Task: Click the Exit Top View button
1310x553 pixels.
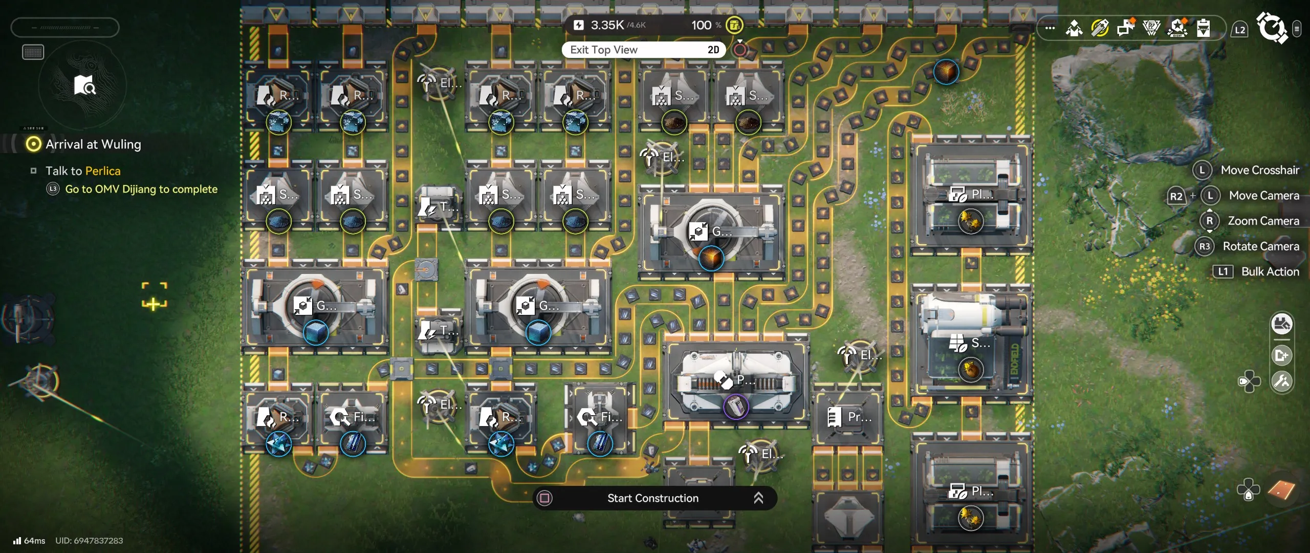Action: (604, 50)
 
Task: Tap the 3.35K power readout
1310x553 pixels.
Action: (607, 25)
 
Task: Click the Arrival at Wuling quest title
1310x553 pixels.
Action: (93, 144)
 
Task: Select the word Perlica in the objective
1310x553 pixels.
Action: (103, 171)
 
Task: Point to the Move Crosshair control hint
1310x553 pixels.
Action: (1259, 170)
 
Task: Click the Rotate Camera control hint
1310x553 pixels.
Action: (1260, 246)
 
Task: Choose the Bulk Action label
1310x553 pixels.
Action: (1270, 271)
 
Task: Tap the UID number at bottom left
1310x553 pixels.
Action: (89, 541)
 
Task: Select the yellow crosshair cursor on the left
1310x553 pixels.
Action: (154, 296)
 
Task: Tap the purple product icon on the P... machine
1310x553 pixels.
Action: (736, 407)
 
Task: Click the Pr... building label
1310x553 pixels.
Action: (859, 417)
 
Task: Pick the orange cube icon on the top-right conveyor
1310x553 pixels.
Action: (946, 72)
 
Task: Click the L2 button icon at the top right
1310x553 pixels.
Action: (1240, 30)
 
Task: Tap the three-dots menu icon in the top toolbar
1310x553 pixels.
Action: (1050, 28)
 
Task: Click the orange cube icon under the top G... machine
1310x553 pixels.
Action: (711, 258)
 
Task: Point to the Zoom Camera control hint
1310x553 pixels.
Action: (1263, 221)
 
